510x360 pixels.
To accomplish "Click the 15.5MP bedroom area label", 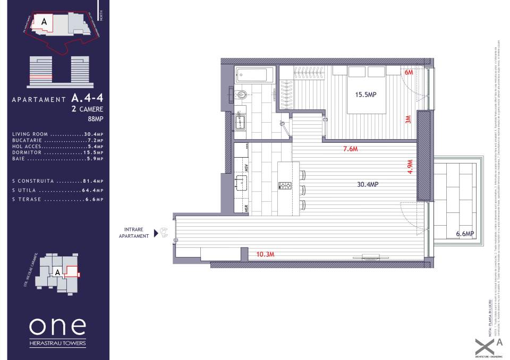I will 365,95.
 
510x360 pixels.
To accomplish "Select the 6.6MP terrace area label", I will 464,234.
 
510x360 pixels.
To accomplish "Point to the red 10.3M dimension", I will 265,254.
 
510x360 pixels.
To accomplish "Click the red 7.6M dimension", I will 350,149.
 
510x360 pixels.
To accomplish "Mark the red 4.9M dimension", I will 409,167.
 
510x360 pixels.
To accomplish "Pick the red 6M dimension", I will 409,72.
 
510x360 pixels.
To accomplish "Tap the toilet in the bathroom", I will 242,96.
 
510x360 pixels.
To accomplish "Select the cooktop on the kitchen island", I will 285,185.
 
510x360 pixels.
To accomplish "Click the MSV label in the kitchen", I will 246,168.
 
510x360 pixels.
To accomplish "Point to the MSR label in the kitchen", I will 246,208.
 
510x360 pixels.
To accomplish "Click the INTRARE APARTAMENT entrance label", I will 133,233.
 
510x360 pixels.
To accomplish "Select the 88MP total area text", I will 95,119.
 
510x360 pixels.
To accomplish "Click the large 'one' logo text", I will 57,325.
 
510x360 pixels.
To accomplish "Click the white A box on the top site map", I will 44,22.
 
